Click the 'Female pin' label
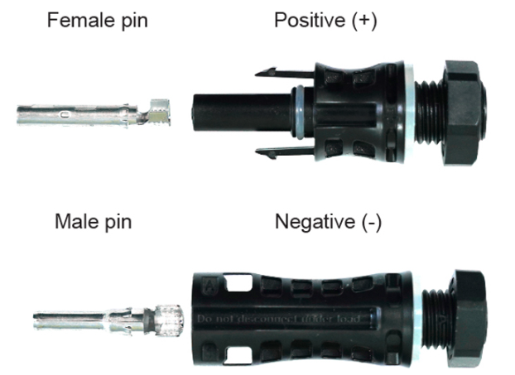[99, 19]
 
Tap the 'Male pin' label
[93, 221]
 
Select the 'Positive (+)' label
[325, 20]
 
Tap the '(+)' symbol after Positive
[363, 20]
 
